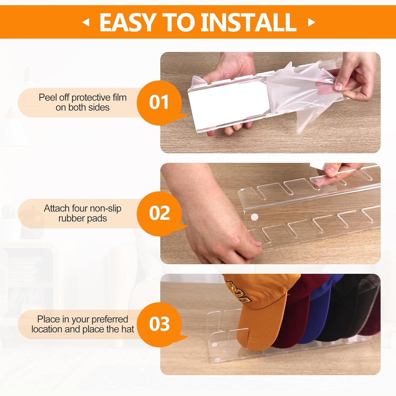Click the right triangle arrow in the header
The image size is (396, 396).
coord(311,22)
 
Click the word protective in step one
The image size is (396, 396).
coord(91,98)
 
